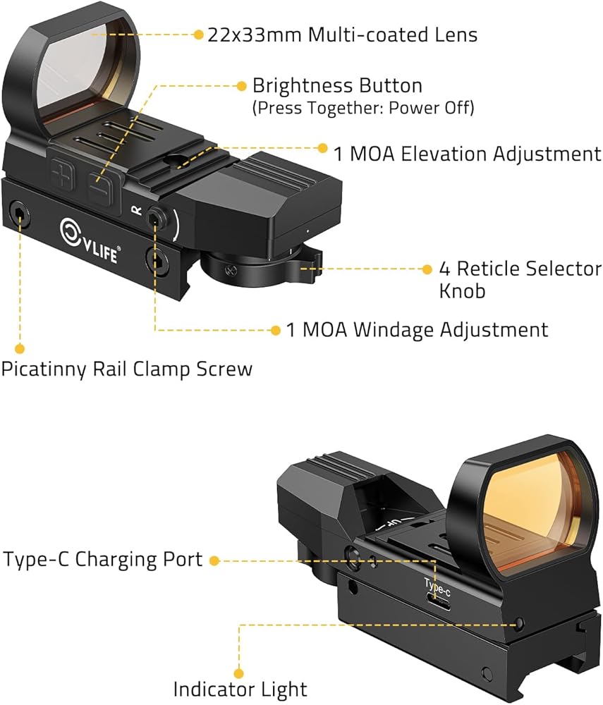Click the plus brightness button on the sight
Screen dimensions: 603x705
(x=63, y=174)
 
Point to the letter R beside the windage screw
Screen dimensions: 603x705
(x=136, y=209)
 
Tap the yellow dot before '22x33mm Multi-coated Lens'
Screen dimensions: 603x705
(x=198, y=35)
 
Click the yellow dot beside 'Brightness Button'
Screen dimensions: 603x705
(x=241, y=85)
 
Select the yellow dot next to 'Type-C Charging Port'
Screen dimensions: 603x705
(x=214, y=560)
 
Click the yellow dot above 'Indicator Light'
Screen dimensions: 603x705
(x=239, y=673)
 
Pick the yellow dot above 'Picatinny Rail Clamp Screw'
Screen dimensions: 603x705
(x=19, y=348)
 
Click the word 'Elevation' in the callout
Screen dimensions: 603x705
(x=444, y=154)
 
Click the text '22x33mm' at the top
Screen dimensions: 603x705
(x=254, y=35)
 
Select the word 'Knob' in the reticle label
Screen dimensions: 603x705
(x=462, y=291)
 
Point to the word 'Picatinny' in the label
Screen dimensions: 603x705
(x=44, y=369)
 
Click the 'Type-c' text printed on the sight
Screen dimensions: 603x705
(x=437, y=587)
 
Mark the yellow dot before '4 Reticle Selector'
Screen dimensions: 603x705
(x=427, y=269)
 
